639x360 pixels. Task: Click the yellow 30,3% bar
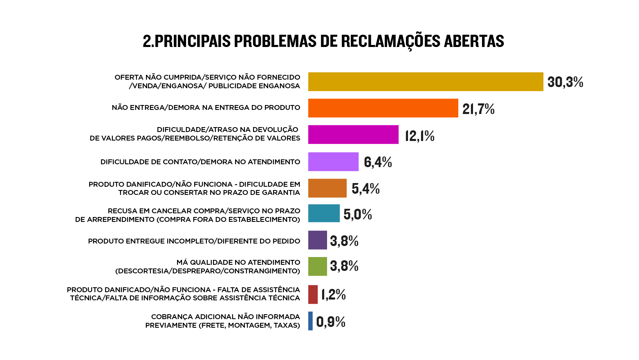[425, 82]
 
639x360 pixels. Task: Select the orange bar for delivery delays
[383, 108]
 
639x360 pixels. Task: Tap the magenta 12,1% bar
[353, 134]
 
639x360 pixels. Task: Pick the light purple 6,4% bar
[333, 161]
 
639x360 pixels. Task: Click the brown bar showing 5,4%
[327, 188]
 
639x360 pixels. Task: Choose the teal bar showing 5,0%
[324, 213]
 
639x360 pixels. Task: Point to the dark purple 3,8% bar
[317, 240]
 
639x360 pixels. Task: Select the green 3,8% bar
[317, 266]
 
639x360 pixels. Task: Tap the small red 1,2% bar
[313, 294]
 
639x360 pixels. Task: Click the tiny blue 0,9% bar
[310, 321]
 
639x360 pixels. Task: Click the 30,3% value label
[565, 82]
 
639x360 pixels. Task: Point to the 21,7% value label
[478, 109]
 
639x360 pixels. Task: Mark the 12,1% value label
[419, 136]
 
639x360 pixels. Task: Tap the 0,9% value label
[331, 322]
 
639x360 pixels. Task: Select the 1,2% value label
[333, 294]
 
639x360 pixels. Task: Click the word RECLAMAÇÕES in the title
[390, 41]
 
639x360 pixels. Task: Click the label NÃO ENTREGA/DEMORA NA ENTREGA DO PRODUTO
[206, 107]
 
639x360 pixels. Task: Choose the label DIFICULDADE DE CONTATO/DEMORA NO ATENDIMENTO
[200, 162]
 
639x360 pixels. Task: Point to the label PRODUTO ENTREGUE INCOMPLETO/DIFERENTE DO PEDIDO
[194, 241]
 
